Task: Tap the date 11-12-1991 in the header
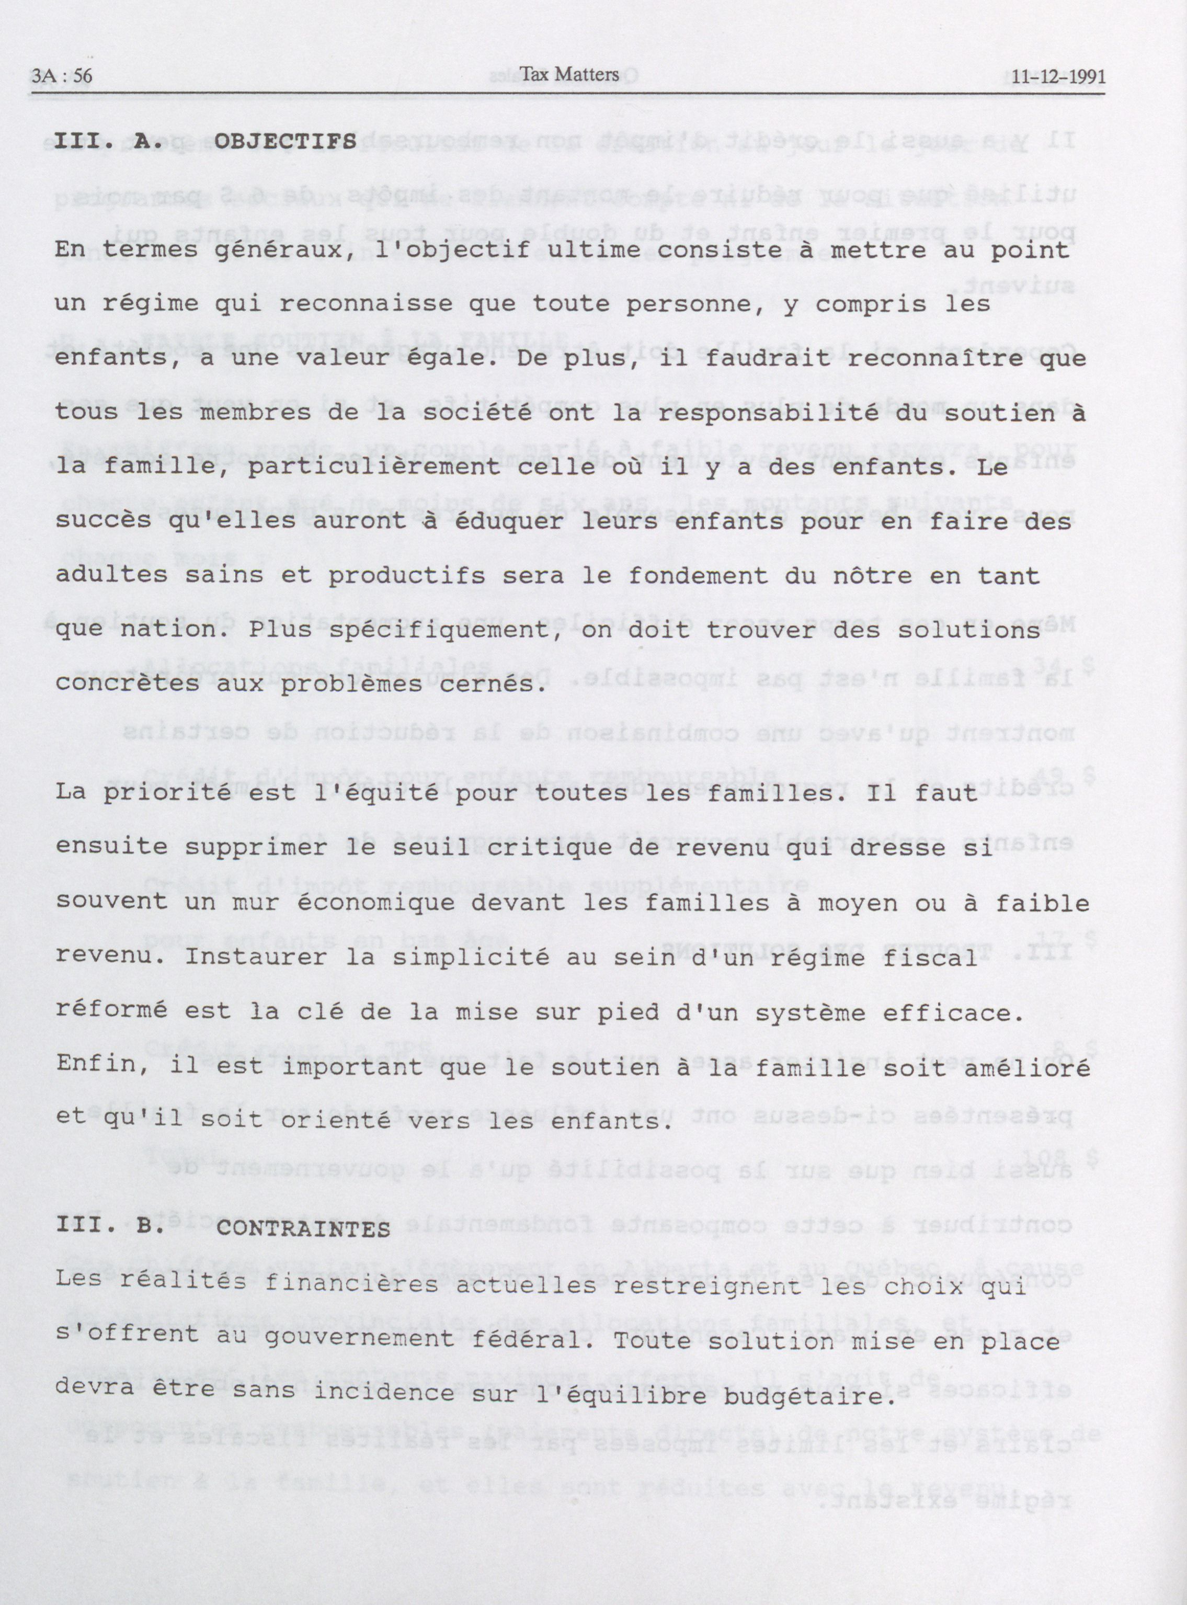pyautogui.click(x=1058, y=77)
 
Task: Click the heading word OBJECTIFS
pyautogui.click(x=286, y=141)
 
